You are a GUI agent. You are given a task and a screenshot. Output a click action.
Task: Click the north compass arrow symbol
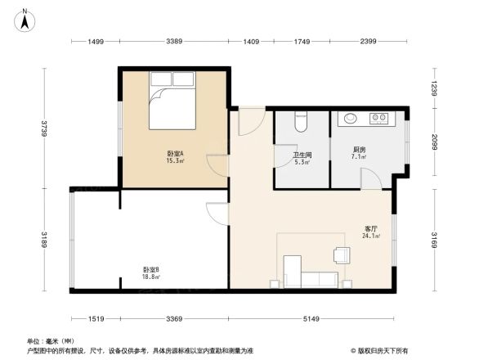coord(26,18)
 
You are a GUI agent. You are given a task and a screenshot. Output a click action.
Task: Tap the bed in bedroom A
coord(172,105)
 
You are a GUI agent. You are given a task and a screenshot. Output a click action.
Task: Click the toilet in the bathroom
coord(299,121)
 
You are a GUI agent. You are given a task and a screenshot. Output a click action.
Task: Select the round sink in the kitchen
coord(350,119)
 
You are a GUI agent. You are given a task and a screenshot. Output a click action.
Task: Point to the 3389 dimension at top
coord(174,41)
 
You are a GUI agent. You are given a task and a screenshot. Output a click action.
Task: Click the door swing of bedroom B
coord(216,214)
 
